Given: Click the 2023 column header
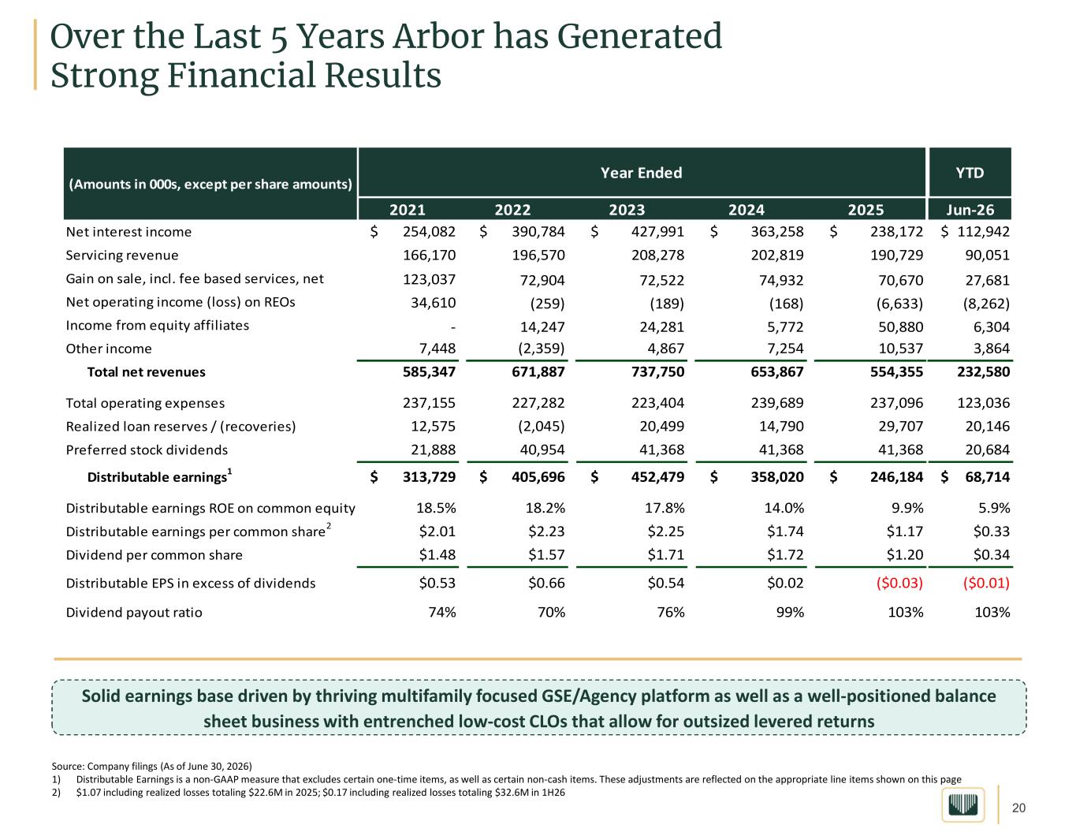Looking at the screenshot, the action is pos(627,210).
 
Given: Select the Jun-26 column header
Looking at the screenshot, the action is pos(970,210).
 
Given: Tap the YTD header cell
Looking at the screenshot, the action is pos(970,173).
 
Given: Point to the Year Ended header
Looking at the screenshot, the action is pos(641,173).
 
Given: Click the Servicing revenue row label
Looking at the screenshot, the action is pos(122,256).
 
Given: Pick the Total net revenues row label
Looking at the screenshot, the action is pos(146,372).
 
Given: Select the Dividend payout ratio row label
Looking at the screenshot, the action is pos(134,613).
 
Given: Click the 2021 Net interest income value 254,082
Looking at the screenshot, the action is pos(429,232).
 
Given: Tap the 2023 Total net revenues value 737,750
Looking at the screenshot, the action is pos(657,372).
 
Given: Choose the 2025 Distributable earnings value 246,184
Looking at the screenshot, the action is pos(896,477).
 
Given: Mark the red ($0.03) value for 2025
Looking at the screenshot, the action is pos(899,583).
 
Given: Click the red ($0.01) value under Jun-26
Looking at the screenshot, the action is pos(986,583).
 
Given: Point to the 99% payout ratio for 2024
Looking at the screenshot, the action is pos(790,613).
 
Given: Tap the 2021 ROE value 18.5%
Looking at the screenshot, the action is pos(436,508).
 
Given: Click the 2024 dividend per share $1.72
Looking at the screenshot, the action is pos(785,554).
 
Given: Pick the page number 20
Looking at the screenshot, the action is pos(1018,808).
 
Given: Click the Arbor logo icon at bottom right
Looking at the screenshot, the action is pos(963,804).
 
